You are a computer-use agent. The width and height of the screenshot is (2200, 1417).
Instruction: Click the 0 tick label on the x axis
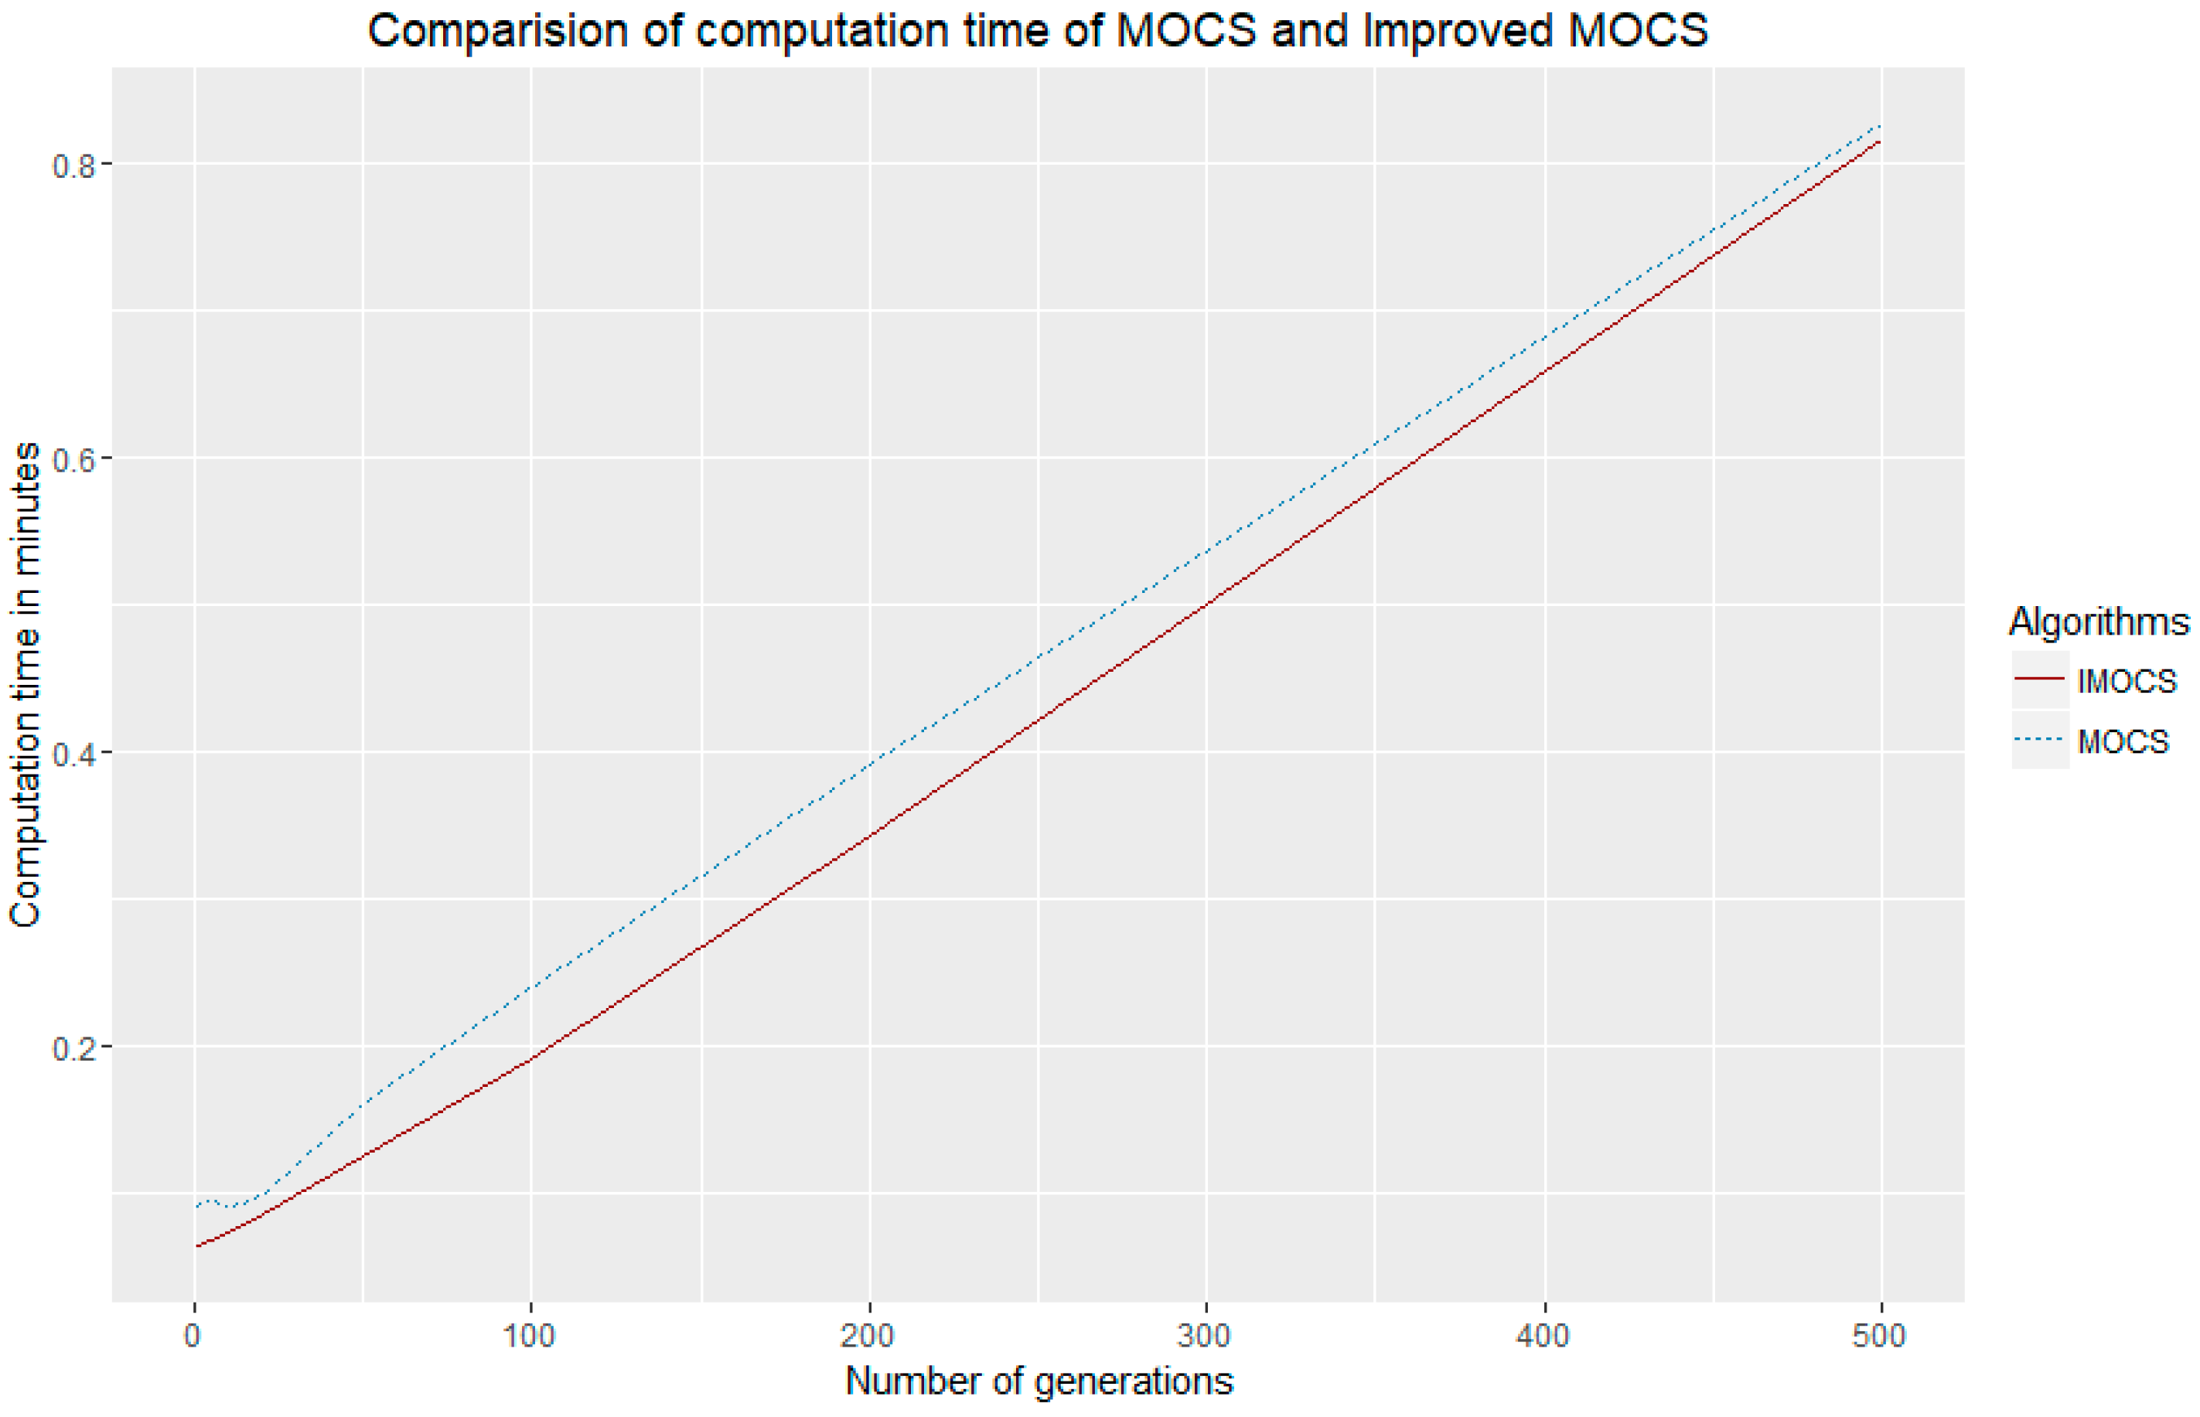pos(193,1335)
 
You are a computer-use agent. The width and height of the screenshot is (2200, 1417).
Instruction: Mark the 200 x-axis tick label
pos(868,1335)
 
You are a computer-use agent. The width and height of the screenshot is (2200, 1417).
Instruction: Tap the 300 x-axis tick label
pos(1205,1335)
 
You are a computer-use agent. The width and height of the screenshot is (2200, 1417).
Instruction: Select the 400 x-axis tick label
pos(1543,1335)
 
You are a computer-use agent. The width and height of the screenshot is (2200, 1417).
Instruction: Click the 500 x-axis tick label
pos(1880,1335)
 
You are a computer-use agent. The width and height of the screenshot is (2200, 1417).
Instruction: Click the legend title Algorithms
pos(2098,622)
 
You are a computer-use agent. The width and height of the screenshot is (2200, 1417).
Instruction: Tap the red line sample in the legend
pos(2040,679)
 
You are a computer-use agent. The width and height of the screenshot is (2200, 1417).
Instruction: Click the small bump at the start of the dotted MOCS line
pos(210,1201)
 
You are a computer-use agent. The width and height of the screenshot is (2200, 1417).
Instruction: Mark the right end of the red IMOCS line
pos(1878,141)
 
